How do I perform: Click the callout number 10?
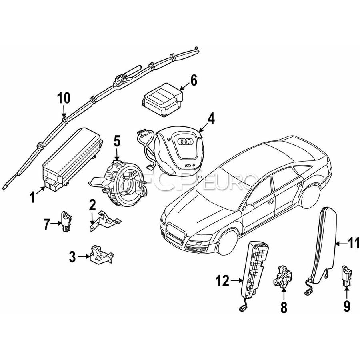[64, 97]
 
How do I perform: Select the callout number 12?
[223, 282]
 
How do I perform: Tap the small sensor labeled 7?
[66, 221]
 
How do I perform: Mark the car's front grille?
[175, 235]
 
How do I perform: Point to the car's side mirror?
[249, 207]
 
